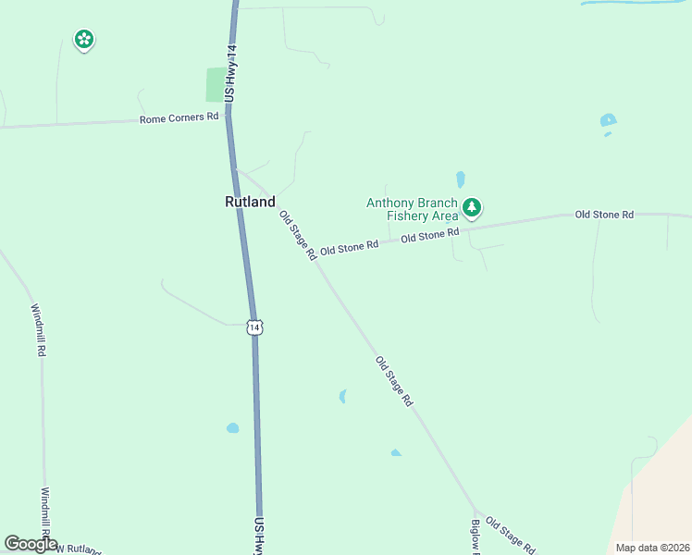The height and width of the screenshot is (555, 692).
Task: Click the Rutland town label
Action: coord(250,202)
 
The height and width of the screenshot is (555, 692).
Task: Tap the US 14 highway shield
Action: coord(255,327)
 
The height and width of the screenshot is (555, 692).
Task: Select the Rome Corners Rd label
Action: coord(179,117)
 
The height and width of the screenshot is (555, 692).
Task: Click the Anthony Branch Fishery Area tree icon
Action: coord(473,207)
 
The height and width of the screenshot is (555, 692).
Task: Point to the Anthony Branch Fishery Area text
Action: coord(412,210)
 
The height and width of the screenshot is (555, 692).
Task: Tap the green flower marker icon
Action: coord(84,39)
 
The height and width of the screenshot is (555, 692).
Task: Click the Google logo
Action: coord(30,544)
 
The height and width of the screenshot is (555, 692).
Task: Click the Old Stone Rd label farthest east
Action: coord(604,215)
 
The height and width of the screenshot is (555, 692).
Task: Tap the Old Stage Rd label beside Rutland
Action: coord(298,234)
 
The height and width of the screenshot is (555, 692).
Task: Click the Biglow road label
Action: coord(474,537)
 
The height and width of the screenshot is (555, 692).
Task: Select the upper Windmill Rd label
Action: coord(39,331)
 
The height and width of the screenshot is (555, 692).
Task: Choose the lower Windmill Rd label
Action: coord(44,514)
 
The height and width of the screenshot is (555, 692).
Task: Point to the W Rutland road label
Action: coord(79,549)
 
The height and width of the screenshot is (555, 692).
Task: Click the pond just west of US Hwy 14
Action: coord(232,428)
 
